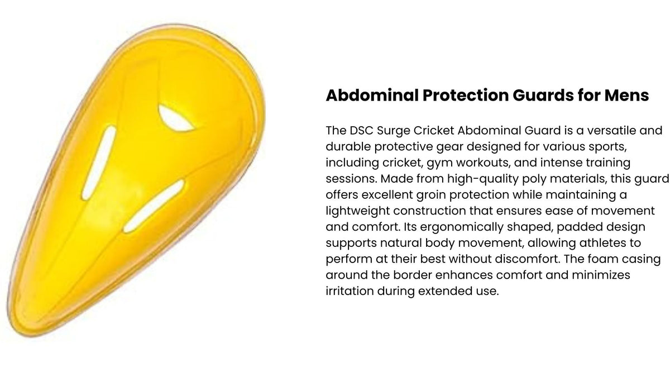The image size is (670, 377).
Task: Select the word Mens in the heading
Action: (626, 96)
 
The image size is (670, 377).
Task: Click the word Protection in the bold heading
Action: (466, 96)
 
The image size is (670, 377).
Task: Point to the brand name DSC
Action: (362, 131)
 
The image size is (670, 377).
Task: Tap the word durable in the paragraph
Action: (348, 146)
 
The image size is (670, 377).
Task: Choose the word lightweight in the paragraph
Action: (358, 212)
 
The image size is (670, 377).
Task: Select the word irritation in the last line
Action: (350, 291)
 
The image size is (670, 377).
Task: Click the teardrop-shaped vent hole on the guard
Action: (175, 118)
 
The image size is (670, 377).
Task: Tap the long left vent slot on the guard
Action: (99, 163)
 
